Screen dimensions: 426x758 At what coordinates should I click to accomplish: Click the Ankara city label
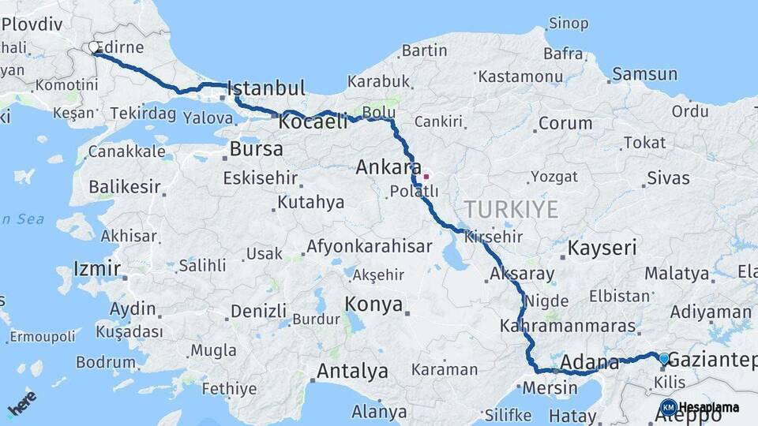tap(388, 167)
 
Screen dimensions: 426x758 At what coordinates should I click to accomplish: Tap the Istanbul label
tap(266, 88)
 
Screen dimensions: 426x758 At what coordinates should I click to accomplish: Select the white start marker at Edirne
tap(94, 48)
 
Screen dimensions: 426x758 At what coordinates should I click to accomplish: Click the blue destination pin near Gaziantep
tap(663, 360)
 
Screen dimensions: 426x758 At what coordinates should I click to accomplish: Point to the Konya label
tap(373, 305)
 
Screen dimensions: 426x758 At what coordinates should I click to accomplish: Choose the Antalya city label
tap(352, 371)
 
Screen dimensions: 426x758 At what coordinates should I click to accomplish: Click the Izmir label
tap(96, 269)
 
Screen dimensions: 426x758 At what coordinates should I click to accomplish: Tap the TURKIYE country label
tap(511, 210)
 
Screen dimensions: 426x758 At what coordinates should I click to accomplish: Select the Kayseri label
tap(602, 248)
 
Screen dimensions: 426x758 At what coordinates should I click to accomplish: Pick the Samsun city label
tap(644, 75)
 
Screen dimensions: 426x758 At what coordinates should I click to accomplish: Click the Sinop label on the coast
tap(568, 24)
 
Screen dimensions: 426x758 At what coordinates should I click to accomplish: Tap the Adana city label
tap(590, 364)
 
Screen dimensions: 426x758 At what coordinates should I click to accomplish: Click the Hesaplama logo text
tap(708, 408)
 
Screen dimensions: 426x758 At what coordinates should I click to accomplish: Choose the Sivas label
tap(667, 178)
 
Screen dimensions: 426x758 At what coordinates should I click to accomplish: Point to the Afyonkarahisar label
tap(369, 246)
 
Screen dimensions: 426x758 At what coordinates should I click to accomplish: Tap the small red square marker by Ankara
tap(426, 177)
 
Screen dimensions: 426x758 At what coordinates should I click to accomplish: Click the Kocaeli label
tap(313, 122)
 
